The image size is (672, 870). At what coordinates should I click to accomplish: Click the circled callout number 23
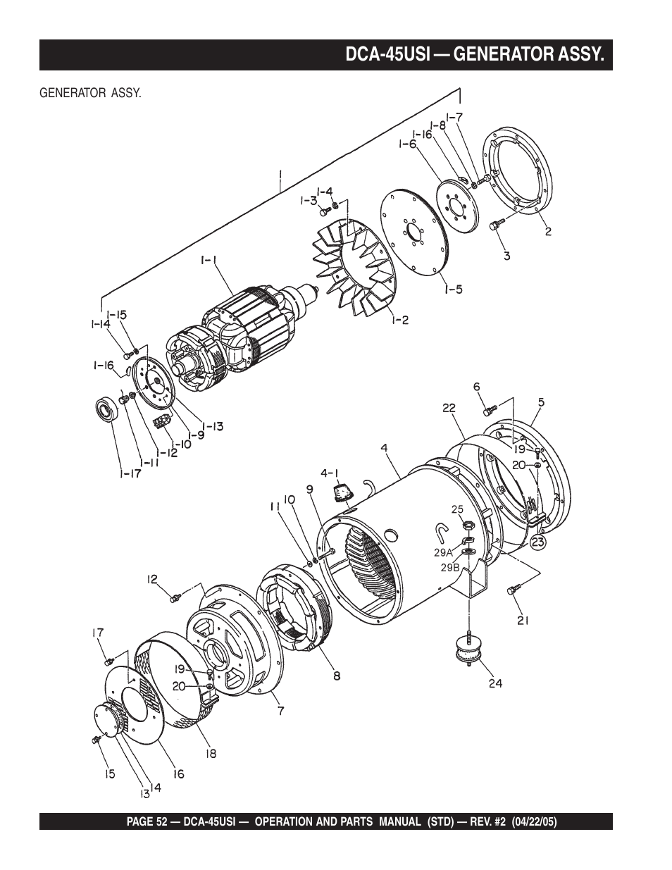coord(537,542)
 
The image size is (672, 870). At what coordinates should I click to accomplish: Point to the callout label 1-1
coord(209,261)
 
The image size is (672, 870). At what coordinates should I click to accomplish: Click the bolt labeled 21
coord(512,591)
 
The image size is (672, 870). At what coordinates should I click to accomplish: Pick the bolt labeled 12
coord(174,597)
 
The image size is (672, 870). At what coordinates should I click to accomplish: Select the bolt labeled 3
coord(498,224)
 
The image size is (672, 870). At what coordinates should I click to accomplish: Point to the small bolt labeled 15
coord(97,739)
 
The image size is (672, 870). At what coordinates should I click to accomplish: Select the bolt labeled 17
coord(108,661)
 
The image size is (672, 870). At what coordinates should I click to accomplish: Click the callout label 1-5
coord(453,289)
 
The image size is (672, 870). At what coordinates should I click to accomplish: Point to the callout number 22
coord(449,408)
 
